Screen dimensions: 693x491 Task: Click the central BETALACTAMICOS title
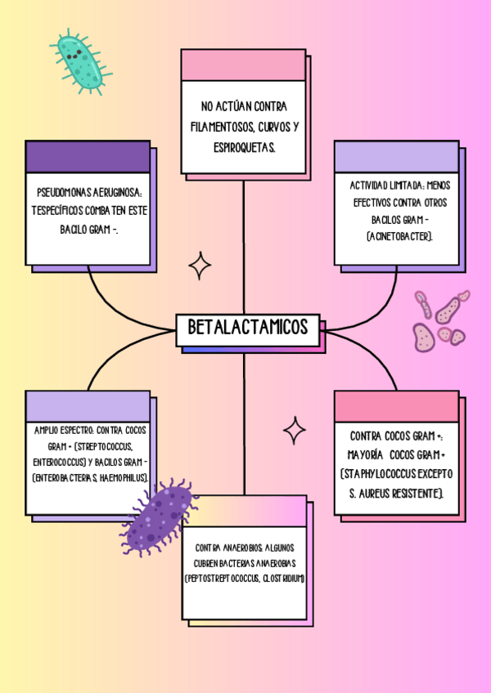click(248, 328)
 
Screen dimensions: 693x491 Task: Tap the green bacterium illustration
click(80, 59)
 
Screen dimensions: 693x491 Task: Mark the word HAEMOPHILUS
click(124, 477)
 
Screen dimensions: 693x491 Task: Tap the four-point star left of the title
click(200, 266)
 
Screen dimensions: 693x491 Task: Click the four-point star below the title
click(295, 430)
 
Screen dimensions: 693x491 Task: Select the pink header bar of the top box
click(243, 65)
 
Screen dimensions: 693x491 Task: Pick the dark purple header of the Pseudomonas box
click(88, 156)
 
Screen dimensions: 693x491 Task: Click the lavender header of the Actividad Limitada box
click(396, 156)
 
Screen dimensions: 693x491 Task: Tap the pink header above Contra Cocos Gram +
click(396, 405)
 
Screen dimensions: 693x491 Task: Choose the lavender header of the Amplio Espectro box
click(88, 405)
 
